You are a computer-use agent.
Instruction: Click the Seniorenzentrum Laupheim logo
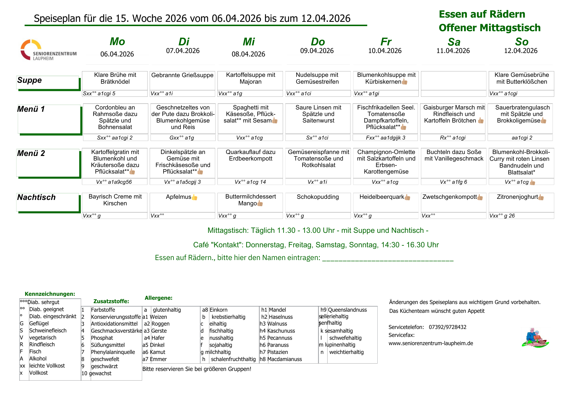click(48, 50)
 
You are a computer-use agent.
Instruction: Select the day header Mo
click(117, 42)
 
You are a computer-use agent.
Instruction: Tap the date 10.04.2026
click(385, 51)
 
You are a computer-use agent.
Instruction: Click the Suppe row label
click(29, 80)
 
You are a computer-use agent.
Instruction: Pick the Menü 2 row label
click(31, 153)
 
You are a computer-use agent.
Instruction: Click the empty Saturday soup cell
click(454, 81)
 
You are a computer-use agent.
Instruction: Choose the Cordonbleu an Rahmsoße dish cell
click(115, 117)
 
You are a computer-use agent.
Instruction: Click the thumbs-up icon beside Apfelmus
click(194, 197)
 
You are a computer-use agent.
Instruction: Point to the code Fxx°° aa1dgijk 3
click(386, 138)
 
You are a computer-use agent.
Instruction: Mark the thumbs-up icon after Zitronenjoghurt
click(541, 197)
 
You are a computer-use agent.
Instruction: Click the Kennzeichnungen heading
click(50, 294)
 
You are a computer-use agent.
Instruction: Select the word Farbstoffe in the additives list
click(103, 310)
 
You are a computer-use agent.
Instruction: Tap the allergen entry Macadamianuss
click(285, 359)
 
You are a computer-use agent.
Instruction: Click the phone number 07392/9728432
click(447, 327)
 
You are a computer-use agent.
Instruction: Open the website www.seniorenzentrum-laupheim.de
click(431, 343)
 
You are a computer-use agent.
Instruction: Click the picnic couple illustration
click(535, 338)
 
